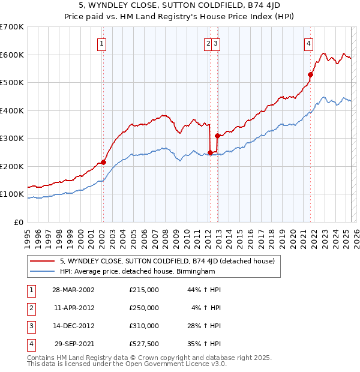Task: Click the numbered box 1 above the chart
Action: click(102, 43)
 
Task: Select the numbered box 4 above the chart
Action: click(308, 43)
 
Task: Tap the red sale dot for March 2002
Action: click(103, 162)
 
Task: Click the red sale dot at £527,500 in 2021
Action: click(311, 75)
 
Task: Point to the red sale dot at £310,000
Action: click(217, 136)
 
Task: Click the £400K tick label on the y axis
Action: click(12, 110)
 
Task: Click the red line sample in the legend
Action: click(43, 261)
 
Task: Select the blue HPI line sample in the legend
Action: click(43, 271)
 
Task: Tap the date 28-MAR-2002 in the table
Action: click(73, 290)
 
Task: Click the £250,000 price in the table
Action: click(144, 308)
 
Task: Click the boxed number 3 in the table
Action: click(30, 326)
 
